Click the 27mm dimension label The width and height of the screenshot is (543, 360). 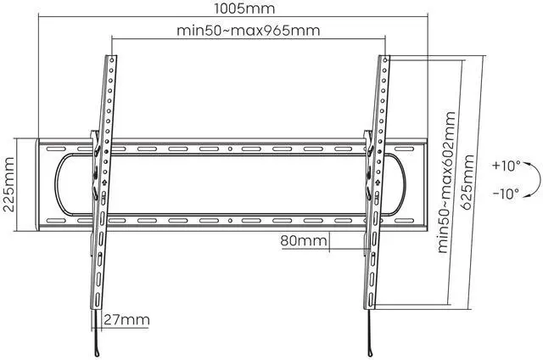[126, 320]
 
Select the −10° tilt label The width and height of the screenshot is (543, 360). [504, 194]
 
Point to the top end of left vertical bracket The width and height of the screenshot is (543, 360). [110, 59]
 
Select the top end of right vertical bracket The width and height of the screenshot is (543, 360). [386, 59]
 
